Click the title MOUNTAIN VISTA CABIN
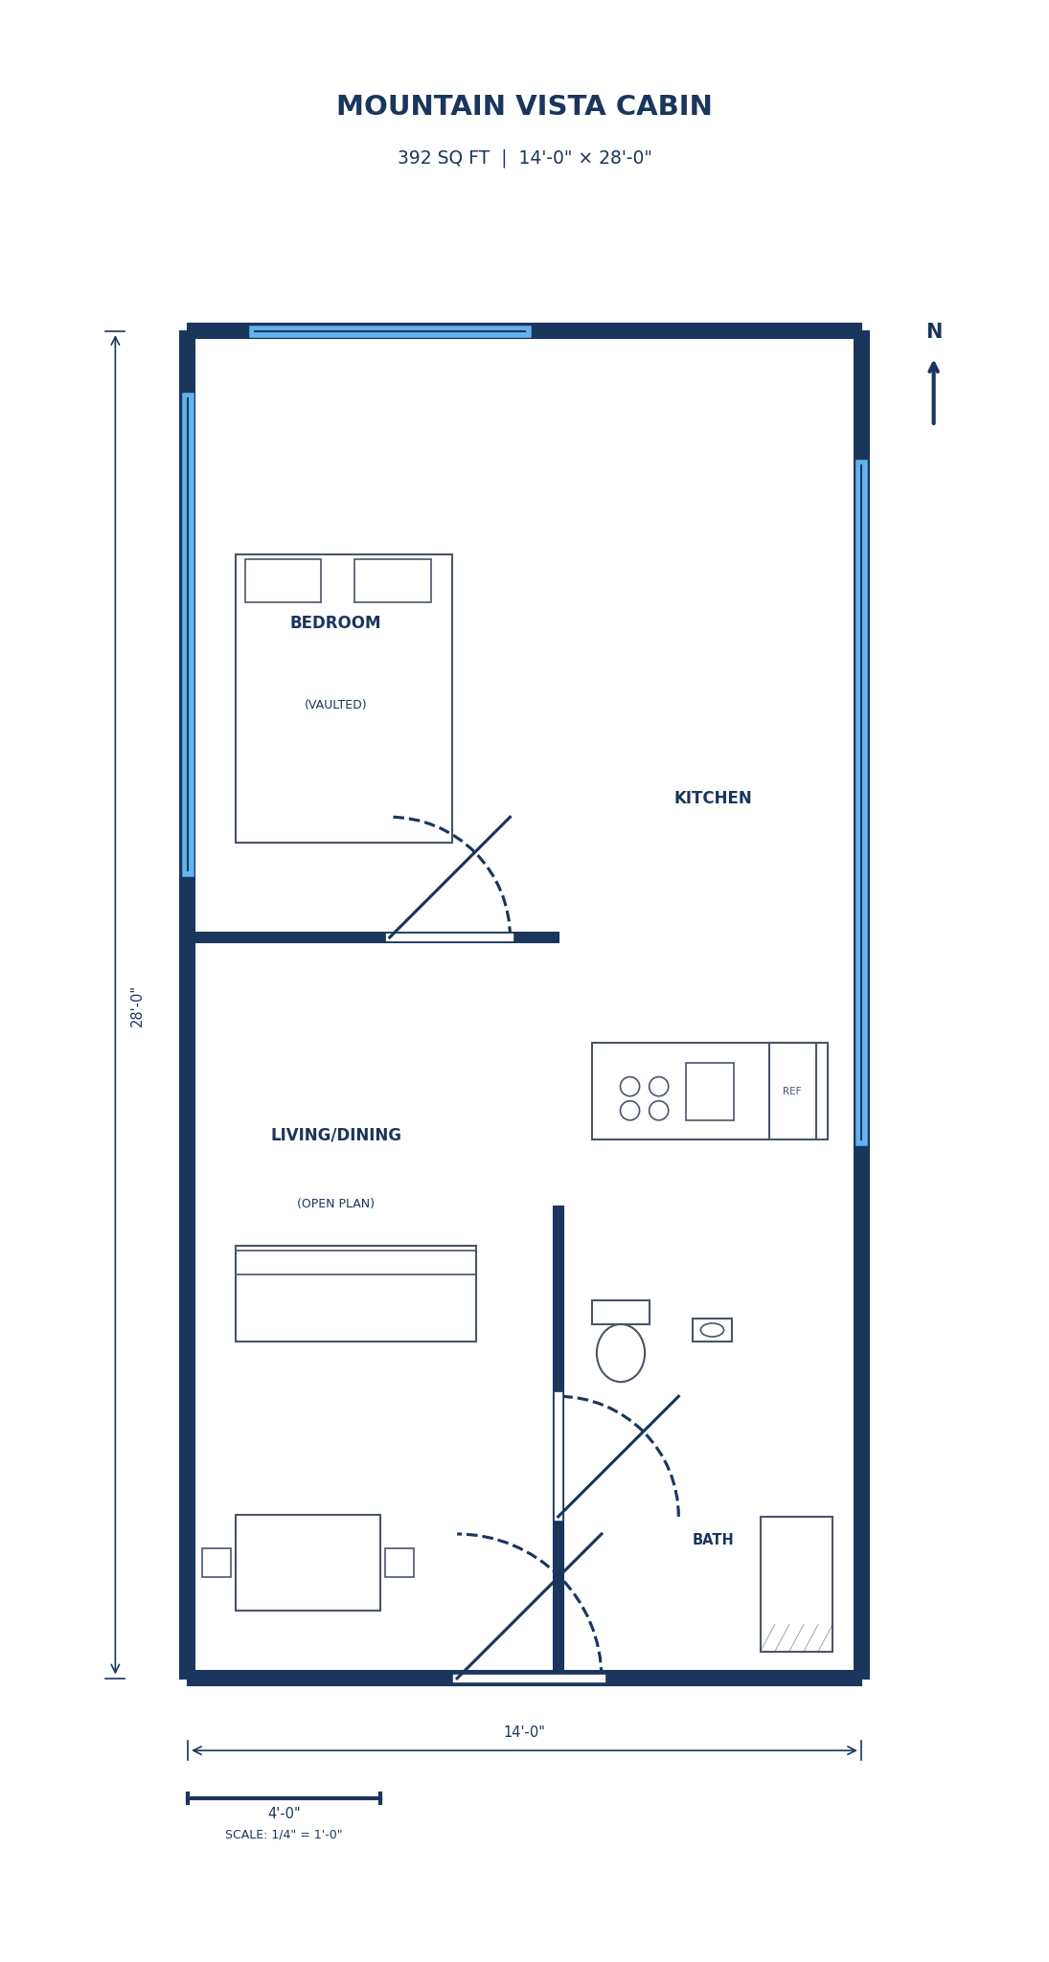pyautogui.click(x=524, y=106)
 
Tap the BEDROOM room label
pyautogui.click(x=335, y=623)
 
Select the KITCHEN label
pyautogui.click(x=713, y=799)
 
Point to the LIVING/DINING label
pyautogui.click(x=335, y=1136)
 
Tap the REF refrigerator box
pyautogui.click(x=792, y=1092)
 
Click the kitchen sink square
pyautogui.click(x=710, y=1092)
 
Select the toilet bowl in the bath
pyautogui.click(x=621, y=1353)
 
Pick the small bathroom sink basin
pyautogui.click(x=712, y=1330)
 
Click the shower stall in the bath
pyautogui.click(x=796, y=1584)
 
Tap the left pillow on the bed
pyautogui.click(x=283, y=581)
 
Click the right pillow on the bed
pyautogui.click(x=393, y=581)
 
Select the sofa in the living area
pyautogui.click(x=355, y=1295)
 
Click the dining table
pyautogui.click(x=308, y=1563)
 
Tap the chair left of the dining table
pyautogui.click(x=217, y=1563)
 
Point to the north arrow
pyautogui.click(x=933, y=392)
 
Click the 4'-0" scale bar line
pyautogui.click(x=284, y=1798)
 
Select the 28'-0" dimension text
pyautogui.click(x=137, y=1007)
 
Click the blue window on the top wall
pyautogui.click(x=390, y=331)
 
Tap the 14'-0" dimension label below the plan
pyautogui.click(x=524, y=1732)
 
